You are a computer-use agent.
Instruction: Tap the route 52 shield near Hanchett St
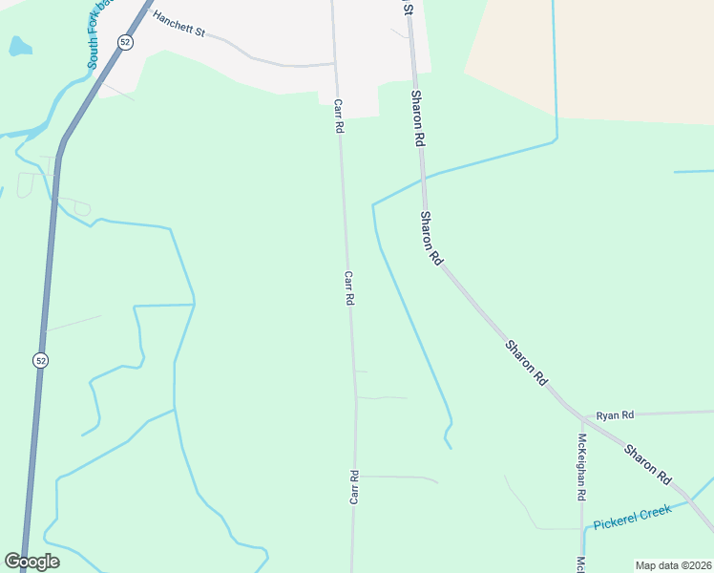[125, 42]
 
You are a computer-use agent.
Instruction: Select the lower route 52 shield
[39, 360]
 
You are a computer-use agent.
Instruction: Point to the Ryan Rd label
[615, 415]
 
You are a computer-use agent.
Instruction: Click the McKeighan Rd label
[581, 468]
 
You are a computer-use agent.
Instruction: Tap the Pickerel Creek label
[632, 518]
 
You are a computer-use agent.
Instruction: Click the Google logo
[31, 562]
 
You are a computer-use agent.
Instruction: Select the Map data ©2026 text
[673, 565]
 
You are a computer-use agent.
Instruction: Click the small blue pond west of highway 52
[18, 45]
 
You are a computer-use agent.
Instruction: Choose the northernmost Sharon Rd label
[417, 117]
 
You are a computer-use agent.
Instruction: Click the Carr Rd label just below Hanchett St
[338, 115]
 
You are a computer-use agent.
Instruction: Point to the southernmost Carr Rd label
[353, 487]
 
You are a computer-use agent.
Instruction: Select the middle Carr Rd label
[349, 287]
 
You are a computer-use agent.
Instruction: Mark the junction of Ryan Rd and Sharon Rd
[581, 415]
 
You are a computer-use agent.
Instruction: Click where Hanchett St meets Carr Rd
[334, 64]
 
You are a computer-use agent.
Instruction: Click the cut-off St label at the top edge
[408, 7]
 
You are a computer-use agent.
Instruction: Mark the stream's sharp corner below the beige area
[556, 142]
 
